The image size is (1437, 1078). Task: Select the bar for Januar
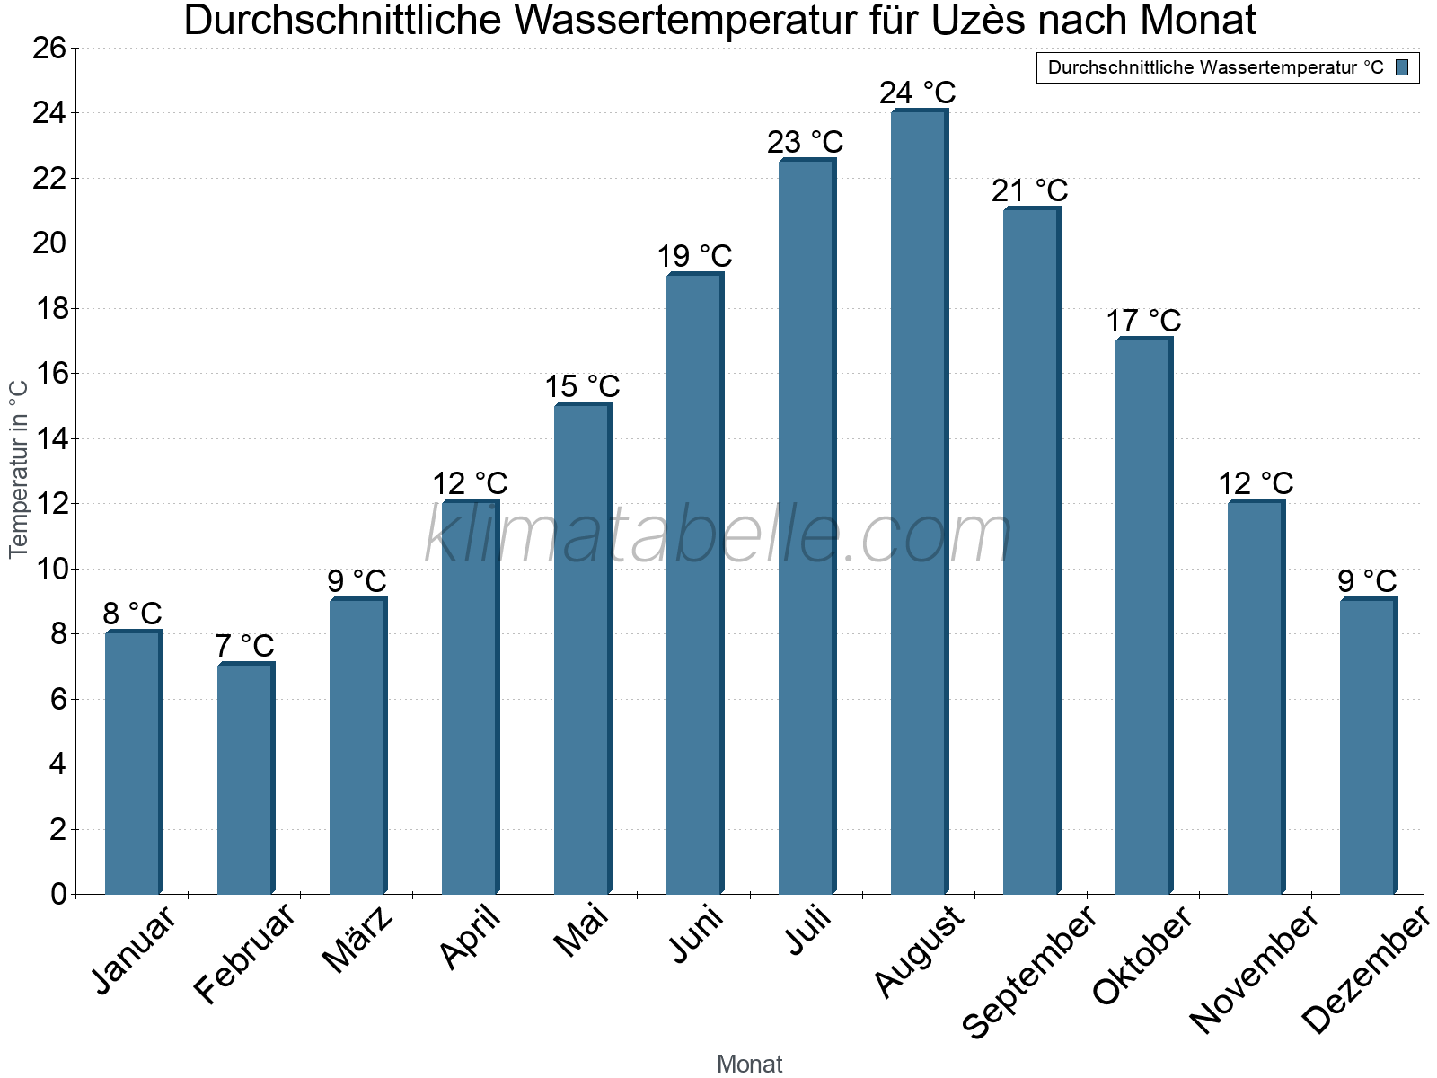coord(133,764)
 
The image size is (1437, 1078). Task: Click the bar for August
coord(919,503)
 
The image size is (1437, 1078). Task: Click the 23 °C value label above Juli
coord(806,142)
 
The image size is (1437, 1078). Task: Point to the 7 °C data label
coord(244,646)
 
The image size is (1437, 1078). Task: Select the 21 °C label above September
coord(1030,190)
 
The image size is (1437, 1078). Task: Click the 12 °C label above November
coord(1256,483)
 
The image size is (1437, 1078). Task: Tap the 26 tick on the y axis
coord(49,48)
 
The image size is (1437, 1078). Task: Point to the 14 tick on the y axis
coord(49,439)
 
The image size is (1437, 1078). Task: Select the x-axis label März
coord(357,940)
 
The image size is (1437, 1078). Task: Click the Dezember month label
coord(1365,971)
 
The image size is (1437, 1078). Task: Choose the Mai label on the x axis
coord(581,931)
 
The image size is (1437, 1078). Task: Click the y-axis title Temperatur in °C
coord(19,469)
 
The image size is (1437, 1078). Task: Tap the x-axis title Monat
coord(749,1064)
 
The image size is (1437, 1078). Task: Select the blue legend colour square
coord(1402,67)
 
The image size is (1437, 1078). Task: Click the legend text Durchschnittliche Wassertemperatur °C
coord(1215,67)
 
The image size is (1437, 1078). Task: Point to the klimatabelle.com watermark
coord(718,535)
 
